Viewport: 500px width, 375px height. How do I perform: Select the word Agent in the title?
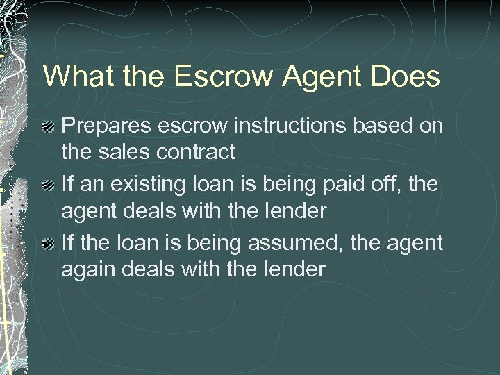tap(317, 77)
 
